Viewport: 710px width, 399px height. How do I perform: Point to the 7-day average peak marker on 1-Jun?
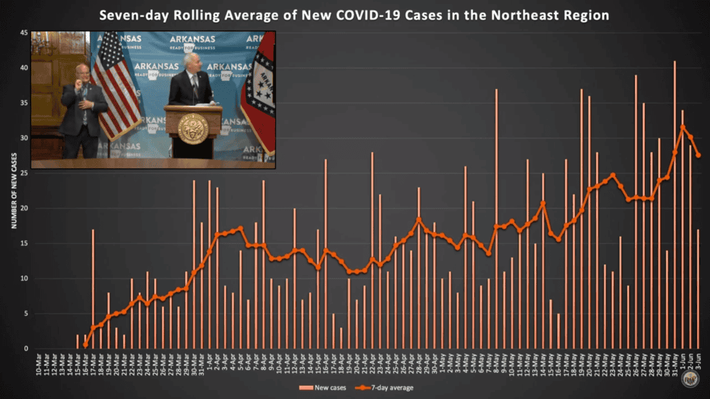[x=683, y=127]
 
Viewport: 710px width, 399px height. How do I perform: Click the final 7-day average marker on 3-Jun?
[x=698, y=155]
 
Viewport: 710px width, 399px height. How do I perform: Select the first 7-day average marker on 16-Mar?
[x=85, y=344]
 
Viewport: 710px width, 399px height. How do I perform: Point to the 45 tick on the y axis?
[x=24, y=33]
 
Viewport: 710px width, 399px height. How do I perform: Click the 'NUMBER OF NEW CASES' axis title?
[x=12, y=191]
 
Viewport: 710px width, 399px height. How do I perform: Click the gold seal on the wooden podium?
[x=193, y=129]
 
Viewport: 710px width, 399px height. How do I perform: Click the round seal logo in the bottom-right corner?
[x=689, y=378]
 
